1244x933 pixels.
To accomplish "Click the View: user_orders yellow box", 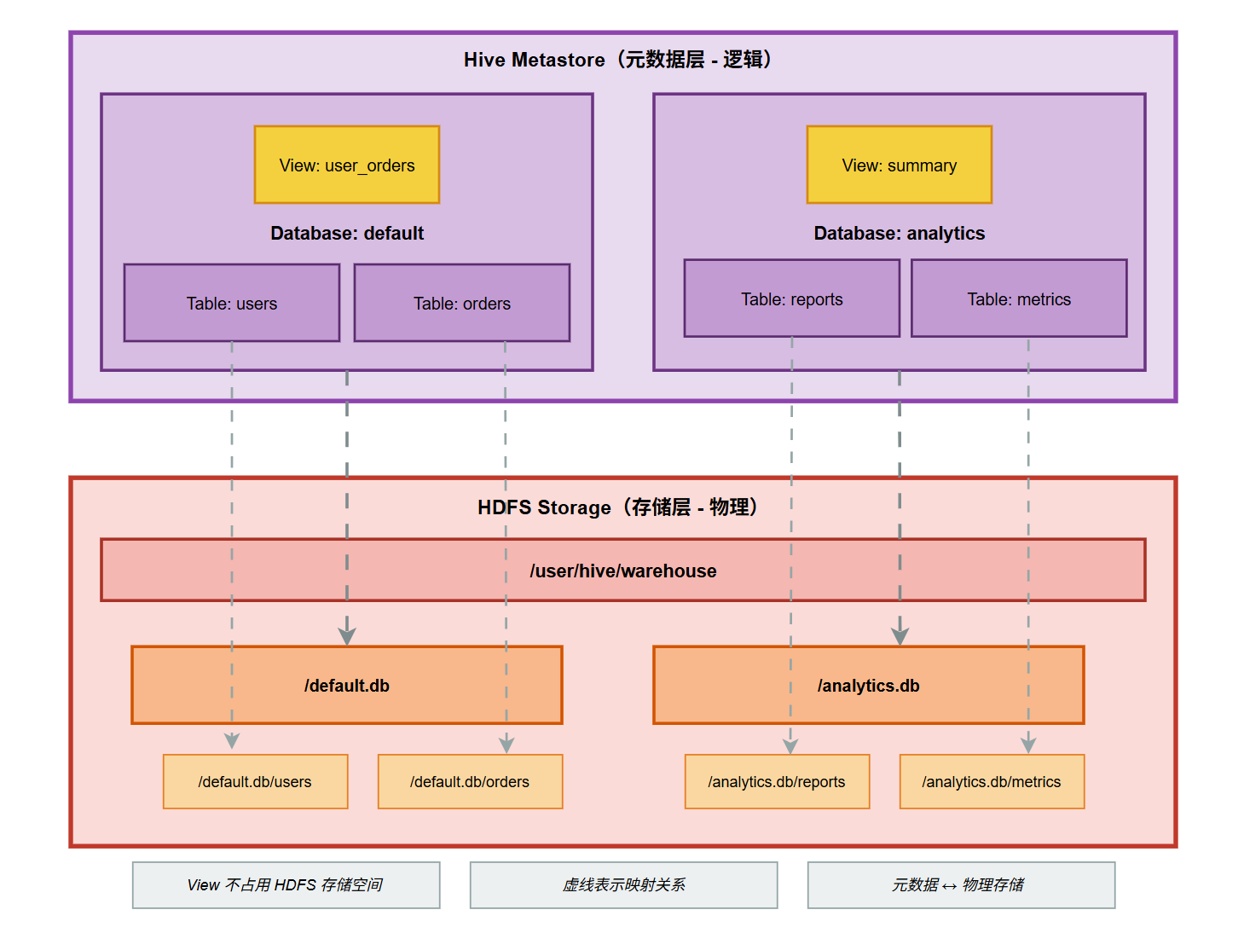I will click(346, 165).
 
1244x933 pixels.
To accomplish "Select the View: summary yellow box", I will click(899, 165).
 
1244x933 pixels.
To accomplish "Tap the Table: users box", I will click(231, 303).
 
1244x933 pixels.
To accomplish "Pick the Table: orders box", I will click(461, 303).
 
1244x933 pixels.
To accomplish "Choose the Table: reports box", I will click(791, 298).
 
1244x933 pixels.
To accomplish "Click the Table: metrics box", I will click(1018, 298).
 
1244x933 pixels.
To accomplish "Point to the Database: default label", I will click(346, 233).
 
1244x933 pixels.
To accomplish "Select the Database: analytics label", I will click(899, 233).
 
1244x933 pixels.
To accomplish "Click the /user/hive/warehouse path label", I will click(622, 571).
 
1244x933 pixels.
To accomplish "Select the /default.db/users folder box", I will click(255, 781).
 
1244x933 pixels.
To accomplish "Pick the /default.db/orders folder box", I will click(470, 781).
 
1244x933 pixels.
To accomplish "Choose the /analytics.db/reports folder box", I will click(777, 781).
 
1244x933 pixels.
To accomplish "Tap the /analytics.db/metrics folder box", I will click(992, 781).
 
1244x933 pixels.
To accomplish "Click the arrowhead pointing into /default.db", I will click(346, 636).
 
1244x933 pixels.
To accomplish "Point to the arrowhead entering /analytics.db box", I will click(900, 636).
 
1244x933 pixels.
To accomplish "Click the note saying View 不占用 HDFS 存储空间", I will click(286, 885).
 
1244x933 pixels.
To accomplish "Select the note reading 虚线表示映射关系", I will click(623, 885).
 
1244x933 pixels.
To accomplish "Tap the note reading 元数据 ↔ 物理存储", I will click(961, 885).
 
